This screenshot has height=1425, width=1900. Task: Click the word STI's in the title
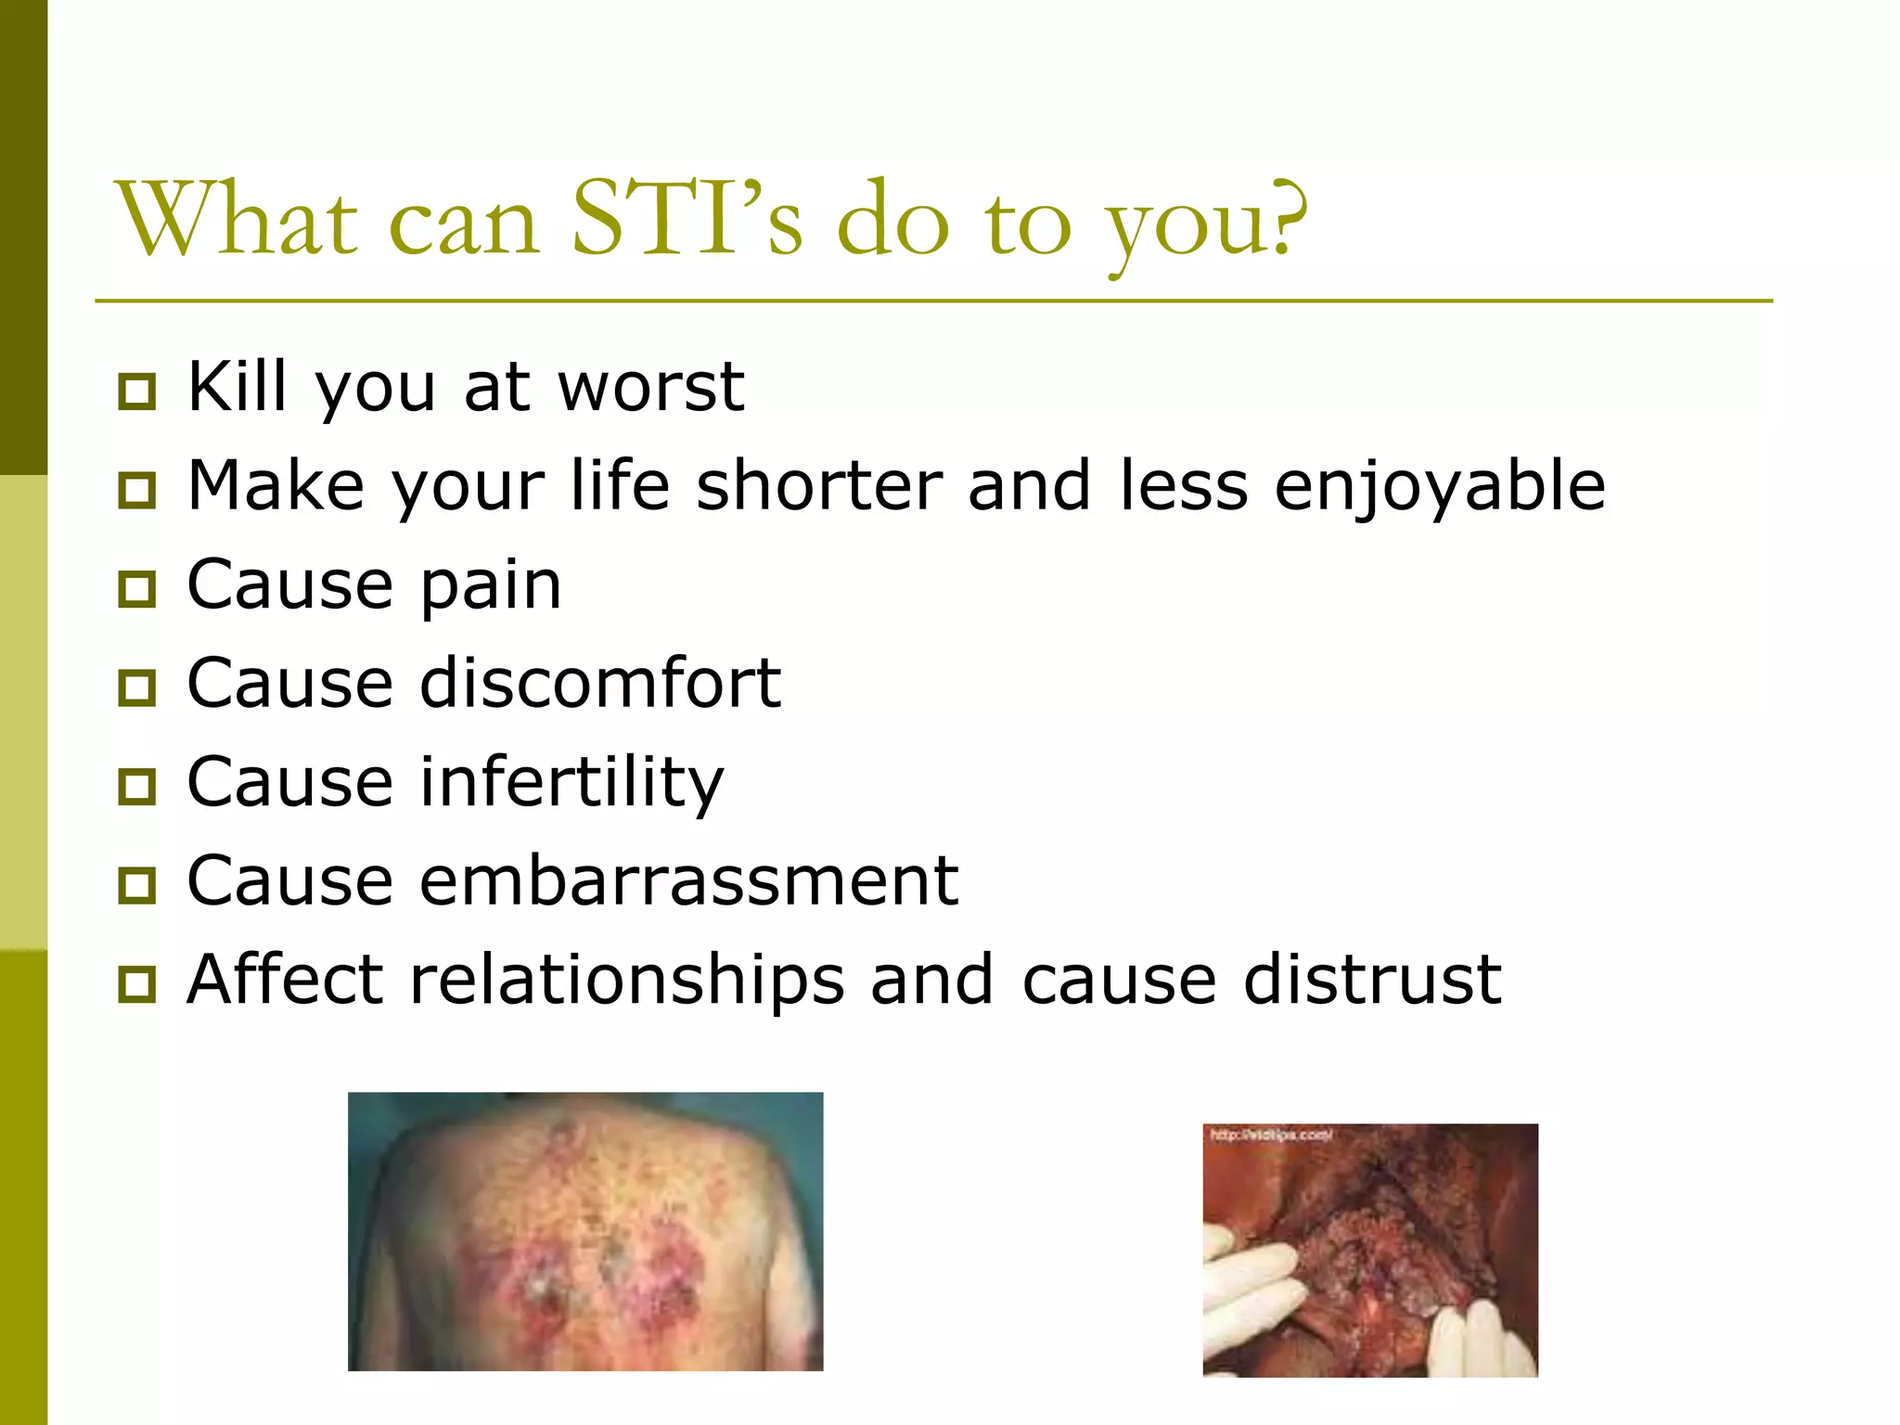687,221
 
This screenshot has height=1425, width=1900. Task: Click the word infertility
571,783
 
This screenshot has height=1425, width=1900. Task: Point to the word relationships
627,982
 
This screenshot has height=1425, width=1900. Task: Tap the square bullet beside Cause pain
137,589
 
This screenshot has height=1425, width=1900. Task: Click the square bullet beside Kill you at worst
137,392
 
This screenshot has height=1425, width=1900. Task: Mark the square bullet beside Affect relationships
137,984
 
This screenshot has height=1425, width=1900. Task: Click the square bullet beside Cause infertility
137,787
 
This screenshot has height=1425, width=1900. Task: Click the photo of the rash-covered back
585,1231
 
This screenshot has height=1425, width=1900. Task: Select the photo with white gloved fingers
1370,1250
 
